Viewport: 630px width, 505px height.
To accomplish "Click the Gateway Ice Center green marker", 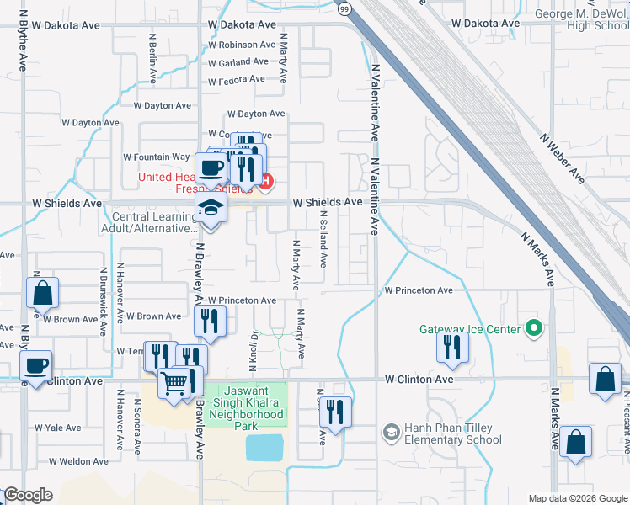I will pos(531,328).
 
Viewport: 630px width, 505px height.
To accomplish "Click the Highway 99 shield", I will pos(344,8).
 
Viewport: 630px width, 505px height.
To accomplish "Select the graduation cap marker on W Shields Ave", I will pos(211,209).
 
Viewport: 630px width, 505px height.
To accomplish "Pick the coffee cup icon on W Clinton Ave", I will pos(35,366).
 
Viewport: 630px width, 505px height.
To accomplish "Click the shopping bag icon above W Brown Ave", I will pos(42,294).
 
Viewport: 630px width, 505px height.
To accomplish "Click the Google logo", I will pos(28,495).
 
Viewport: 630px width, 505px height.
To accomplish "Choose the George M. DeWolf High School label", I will pos(582,19).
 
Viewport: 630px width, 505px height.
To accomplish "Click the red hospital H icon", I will pos(267,181).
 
